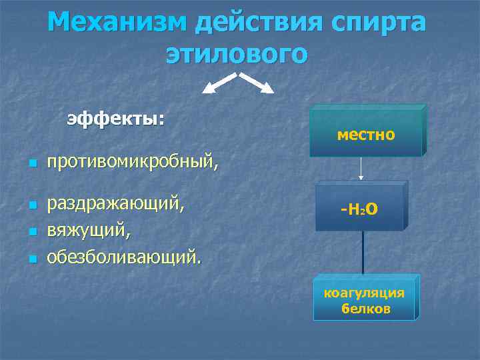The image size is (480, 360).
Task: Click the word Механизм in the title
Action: pyautogui.click(x=117, y=22)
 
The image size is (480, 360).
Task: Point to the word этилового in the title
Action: pyautogui.click(x=237, y=53)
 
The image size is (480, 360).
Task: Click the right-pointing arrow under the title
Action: pyautogui.click(x=257, y=83)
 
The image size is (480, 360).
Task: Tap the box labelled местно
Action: pyautogui.click(x=365, y=134)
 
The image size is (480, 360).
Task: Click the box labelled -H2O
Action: pyautogui.click(x=359, y=209)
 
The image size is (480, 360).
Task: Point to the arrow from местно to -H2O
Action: pyautogui.click(x=361, y=169)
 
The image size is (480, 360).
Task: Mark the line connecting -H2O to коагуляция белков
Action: pyautogui.click(x=363, y=252)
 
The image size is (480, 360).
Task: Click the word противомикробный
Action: pyautogui.click(x=131, y=161)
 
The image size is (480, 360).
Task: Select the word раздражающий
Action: pyautogui.click(x=115, y=203)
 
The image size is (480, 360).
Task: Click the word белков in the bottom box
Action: pyautogui.click(x=365, y=309)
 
